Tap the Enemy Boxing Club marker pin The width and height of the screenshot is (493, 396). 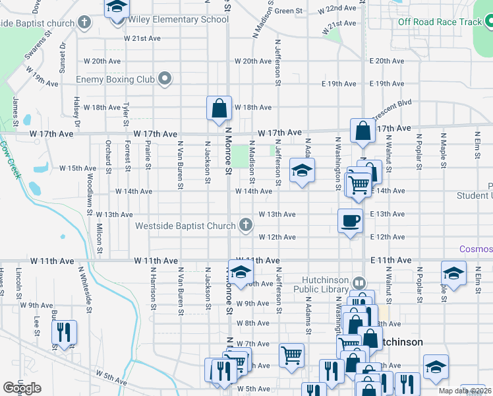click(x=165, y=80)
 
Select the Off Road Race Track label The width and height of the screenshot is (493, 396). click(x=440, y=22)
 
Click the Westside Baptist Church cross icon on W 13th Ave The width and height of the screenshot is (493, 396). click(x=246, y=226)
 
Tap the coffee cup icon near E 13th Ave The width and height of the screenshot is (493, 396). click(x=349, y=220)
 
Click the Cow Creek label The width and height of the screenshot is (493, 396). click(x=11, y=159)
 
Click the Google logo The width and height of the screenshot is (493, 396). click(x=22, y=388)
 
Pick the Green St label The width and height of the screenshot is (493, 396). click(x=288, y=11)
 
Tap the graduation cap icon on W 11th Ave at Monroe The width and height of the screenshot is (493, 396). click(x=241, y=272)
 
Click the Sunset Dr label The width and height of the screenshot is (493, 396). click(x=63, y=57)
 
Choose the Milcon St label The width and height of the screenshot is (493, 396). click(x=99, y=239)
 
